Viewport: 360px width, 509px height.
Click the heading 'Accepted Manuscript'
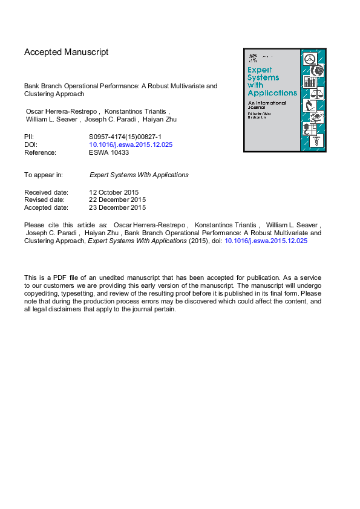67,52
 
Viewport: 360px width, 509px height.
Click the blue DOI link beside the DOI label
131,144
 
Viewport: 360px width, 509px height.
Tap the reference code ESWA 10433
109,152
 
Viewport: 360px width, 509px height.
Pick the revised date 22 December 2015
117,199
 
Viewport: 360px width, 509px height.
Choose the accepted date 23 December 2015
117,207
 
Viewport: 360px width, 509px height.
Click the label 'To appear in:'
44,175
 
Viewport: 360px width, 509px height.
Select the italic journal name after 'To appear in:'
139,175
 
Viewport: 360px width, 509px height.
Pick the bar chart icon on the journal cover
310,82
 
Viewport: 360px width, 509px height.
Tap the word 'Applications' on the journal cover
272,93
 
